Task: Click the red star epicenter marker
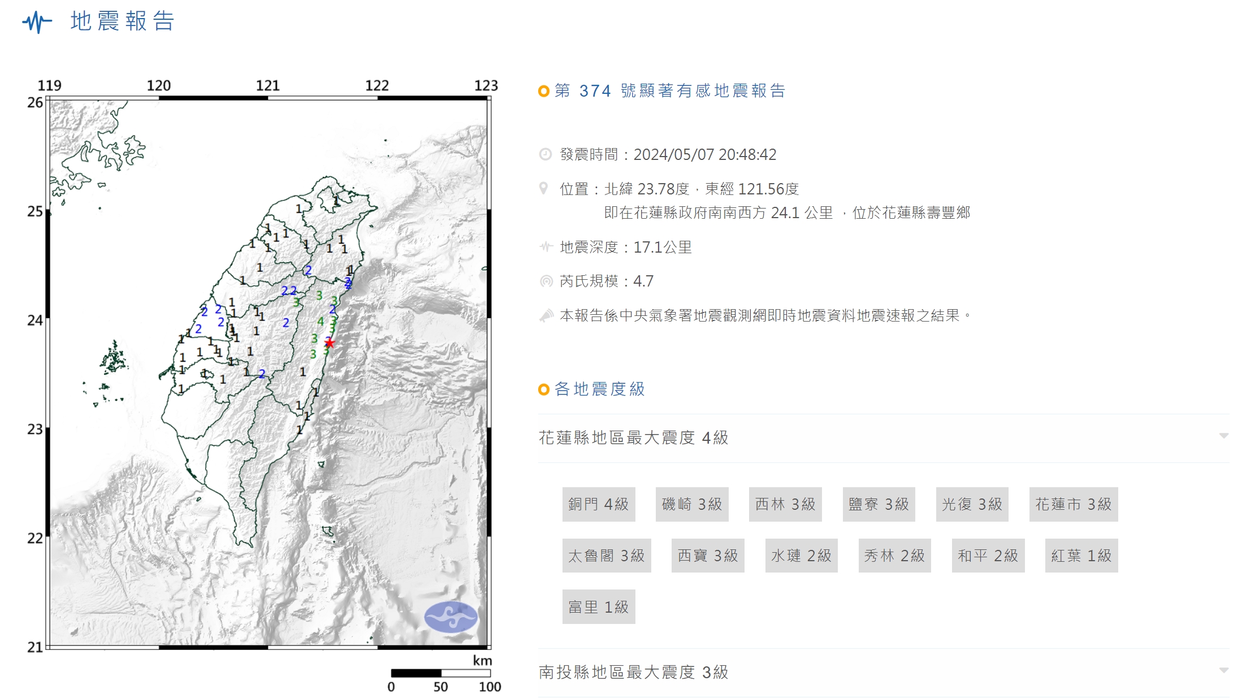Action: tap(330, 343)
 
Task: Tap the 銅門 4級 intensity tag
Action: tap(598, 504)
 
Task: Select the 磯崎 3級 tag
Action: tap(691, 504)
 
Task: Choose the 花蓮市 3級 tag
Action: tap(1073, 504)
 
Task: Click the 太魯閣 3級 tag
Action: tap(606, 556)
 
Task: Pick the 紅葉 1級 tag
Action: tap(1081, 556)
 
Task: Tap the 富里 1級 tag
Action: tap(598, 607)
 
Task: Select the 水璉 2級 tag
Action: tap(801, 556)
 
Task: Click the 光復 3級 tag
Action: tap(972, 504)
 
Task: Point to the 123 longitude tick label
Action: tap(486, 86)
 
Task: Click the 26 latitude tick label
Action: tap(35, 103)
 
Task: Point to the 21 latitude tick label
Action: tap(35, 647)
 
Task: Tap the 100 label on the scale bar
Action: tap(490, 687)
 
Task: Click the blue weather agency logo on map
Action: tap(451, 617)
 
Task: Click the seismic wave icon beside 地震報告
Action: tap(37, 22)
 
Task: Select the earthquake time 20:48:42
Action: tap(747, 154)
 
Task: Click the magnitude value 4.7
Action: tap(643, 281)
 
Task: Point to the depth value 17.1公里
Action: tap(663, 247)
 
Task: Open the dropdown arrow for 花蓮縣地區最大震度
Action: tap(1224, 436)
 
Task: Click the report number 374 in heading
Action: tap(595, 91)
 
